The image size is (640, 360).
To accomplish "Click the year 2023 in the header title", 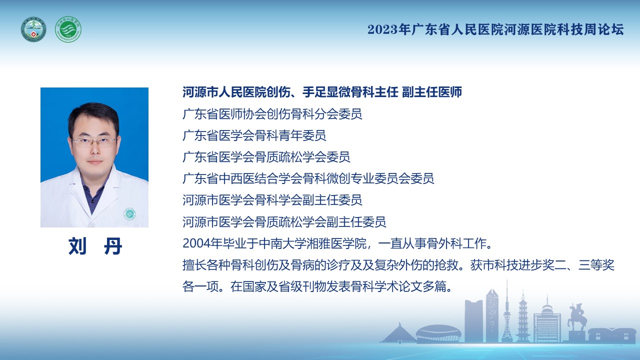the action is (382, 29).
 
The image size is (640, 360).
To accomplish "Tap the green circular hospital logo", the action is (68, 29).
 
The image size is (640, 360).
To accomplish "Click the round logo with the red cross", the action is (33, 29).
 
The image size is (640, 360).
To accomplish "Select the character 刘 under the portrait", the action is (77, 246).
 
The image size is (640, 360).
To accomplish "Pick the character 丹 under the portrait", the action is (113, 246).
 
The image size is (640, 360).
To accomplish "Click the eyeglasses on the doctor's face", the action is (94, 141).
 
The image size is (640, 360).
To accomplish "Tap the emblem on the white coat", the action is (129, 214).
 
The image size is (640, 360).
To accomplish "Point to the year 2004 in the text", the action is (196, 243).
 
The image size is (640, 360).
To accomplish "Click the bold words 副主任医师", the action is (432, 92).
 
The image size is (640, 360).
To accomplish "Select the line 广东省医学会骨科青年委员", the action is (254, 135).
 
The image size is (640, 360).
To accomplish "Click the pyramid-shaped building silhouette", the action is (398, 333).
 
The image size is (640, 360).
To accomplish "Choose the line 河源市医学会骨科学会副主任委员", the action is (272, 200).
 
